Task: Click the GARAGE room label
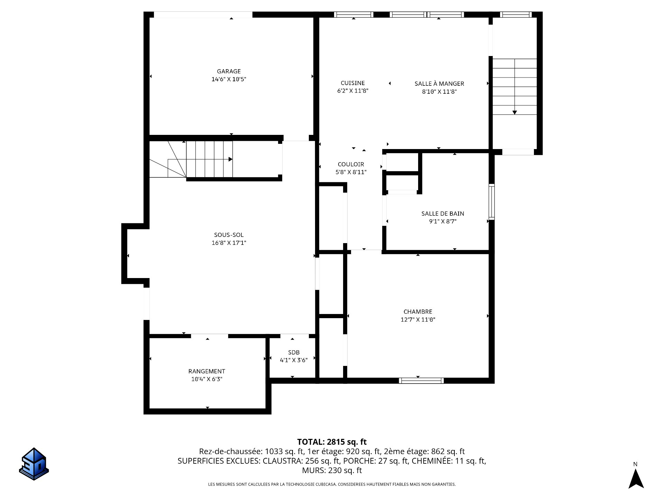(x=229, y=71)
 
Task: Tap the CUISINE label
(x=353, y=83)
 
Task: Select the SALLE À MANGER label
(x=439, y=83)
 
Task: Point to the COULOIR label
(x=351, y=164)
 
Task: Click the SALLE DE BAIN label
(x=443, y=214)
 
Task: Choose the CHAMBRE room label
(x=418, y=312)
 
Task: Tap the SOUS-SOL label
(x=229, y=235)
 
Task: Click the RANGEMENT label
(x=206, y=371)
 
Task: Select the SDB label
(x=294, y=352)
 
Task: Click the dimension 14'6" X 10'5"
(x=229, y=79)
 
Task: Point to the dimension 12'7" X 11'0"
(x=418, y=320)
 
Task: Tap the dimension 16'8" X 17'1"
(x=229, y=243)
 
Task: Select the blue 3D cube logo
(x=34, y=464)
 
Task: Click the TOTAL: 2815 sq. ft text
(x=332, y=442)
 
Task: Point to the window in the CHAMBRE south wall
(x=421, y=381)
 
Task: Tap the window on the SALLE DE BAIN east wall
(x=491, y=202)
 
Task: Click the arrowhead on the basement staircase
(x=230, y=159)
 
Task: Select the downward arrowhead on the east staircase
(x=515, y=112)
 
